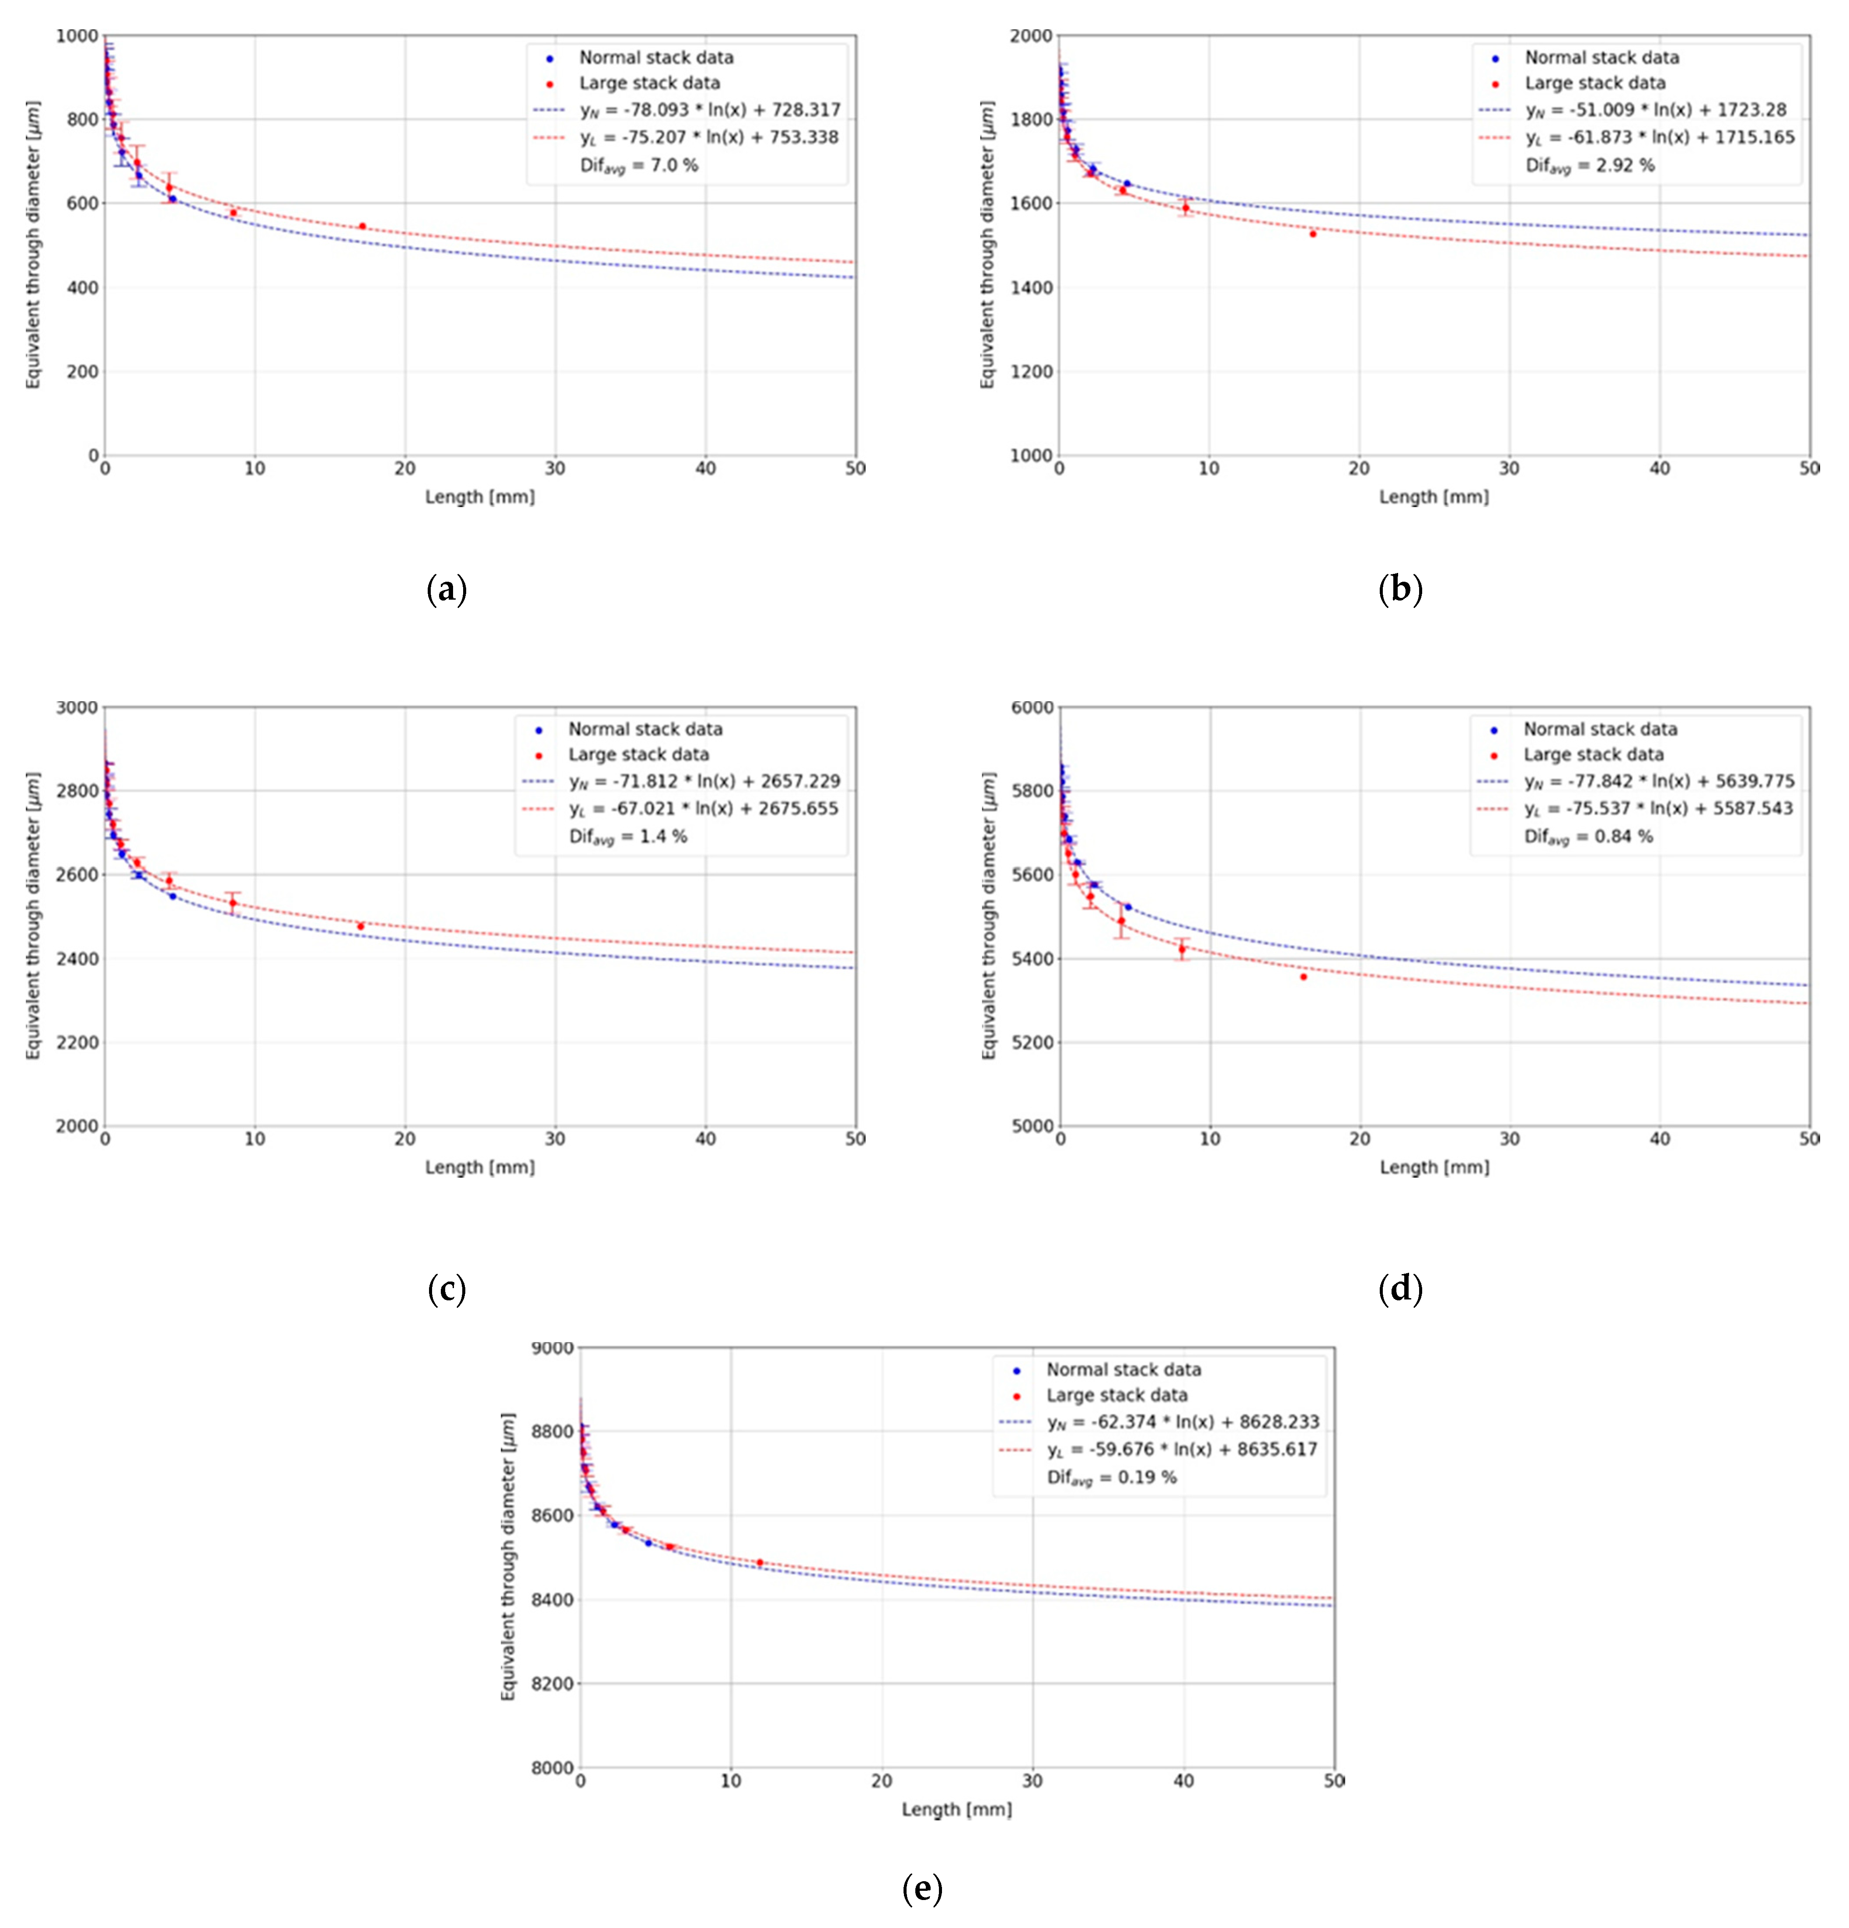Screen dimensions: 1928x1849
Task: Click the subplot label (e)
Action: pos(921,1888)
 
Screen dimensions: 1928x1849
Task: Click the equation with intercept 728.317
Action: pos(710,110)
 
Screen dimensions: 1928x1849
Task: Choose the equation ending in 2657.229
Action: pos(704,782)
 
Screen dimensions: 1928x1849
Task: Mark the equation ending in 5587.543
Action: pos(1658,809)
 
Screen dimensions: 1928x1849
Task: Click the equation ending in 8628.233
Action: pos(1182,1422)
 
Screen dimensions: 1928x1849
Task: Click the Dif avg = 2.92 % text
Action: pos(1589,165)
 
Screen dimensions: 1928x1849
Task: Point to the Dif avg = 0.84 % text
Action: pos(1588,837)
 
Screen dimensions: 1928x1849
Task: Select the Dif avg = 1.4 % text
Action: pos(628,837)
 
